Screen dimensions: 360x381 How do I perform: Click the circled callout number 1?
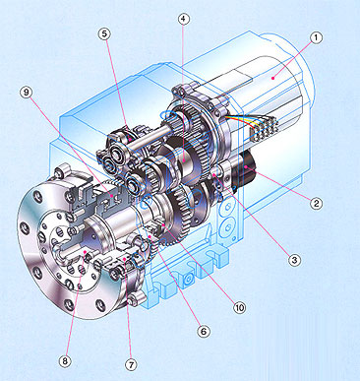(316, 37)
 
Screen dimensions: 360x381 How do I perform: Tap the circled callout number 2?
(316, 204)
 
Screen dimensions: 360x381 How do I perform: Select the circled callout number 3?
(294, 260)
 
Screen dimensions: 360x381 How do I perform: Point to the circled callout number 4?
(184, 19)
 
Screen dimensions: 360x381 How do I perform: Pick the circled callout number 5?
(104, 34)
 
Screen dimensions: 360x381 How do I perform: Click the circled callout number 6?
(204, 332)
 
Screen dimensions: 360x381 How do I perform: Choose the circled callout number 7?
(131, 364)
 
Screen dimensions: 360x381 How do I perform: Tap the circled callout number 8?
(65, 361)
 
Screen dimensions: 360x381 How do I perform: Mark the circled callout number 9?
(27, 93)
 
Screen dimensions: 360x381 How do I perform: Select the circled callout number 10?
(240, 307)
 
